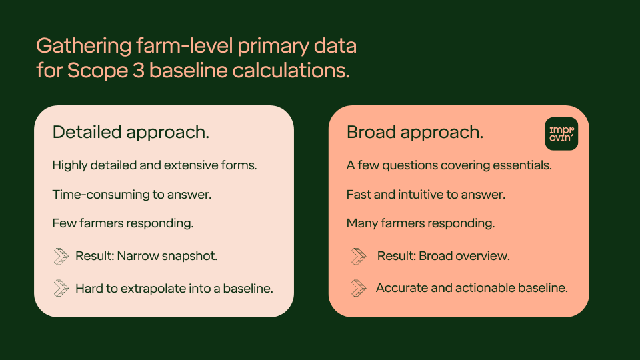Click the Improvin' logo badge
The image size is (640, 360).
561,134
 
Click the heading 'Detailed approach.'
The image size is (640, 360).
131,132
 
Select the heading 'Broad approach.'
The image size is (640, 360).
415,132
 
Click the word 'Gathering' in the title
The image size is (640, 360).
84,46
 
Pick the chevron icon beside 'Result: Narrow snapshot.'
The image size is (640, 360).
61,256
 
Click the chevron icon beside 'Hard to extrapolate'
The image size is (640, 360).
61,288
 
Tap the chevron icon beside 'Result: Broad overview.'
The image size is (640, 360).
359,256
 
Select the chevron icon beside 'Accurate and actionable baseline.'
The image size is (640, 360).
359,288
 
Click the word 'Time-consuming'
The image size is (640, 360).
101,195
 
